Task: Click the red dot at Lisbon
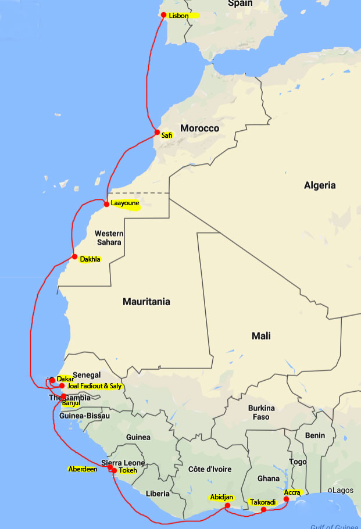tap(164, 15)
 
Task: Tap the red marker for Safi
tap(157, 133)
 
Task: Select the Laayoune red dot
tap(106, 204)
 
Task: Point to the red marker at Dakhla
tap(74, 256)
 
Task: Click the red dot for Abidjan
tap(228, 506)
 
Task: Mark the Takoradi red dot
tap(263, 510)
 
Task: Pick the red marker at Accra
tap(286, 499)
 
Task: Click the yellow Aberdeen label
tap(83, 469)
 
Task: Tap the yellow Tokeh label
tap(127, 471)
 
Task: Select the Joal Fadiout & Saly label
tap(95, 386)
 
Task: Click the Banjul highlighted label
tap(70, 402)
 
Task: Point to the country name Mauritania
tap(146, 302)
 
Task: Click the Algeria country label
tap(320, 185)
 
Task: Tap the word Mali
tap(262, 336)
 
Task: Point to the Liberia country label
tap(158, 494)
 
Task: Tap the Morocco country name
tap(199, 128)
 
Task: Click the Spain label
tap(240, 3)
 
